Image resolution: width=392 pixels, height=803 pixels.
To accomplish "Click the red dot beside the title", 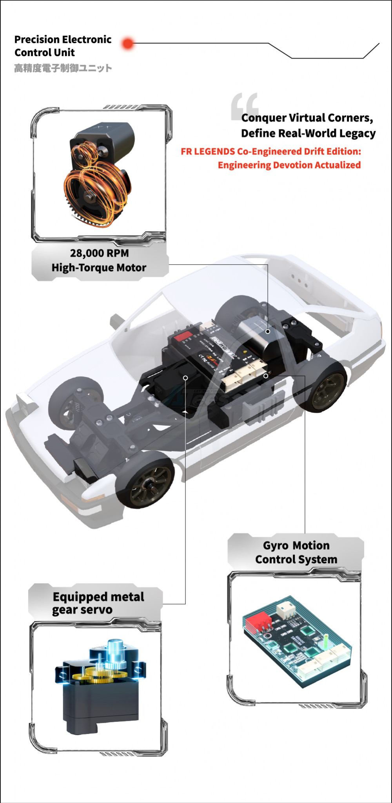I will [x=128, y=44].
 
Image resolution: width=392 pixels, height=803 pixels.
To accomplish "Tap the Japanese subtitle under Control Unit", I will [x=63, y=68].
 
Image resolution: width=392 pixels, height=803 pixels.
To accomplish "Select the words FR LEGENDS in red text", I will [x=208, y=152].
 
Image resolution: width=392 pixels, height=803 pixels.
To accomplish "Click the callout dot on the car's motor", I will [x=268, y=331].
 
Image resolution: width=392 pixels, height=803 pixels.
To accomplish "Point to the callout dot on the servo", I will [x=185, y=378].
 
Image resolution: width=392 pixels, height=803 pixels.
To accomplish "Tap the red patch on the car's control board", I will [x=183, y=336].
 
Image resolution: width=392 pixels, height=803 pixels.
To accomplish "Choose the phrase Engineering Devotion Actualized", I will [x=289, y=165].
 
